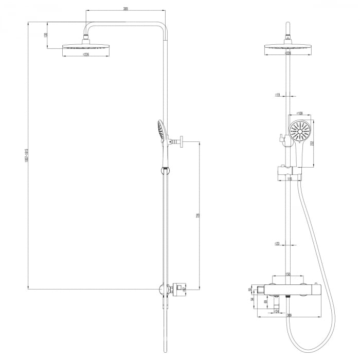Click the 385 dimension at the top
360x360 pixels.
pyautogui.click(x=125, y=9)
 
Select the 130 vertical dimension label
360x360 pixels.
pyautogui.click(x=46, y=35)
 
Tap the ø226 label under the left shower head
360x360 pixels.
pyautogui.click(x=85, y=55)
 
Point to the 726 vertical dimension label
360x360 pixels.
pyautogui.click(x=198, y=215)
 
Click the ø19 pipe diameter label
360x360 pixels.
pyautogui.click(x=277, y=95)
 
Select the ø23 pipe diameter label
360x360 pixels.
pyautogui.click(x=277, y=244)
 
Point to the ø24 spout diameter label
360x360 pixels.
pyautogui.click(x=276, y=311)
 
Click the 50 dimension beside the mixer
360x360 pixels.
pyautogui.click(x=250, y=290)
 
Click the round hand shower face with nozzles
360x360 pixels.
pyautogui.click(x=299, y=131)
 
